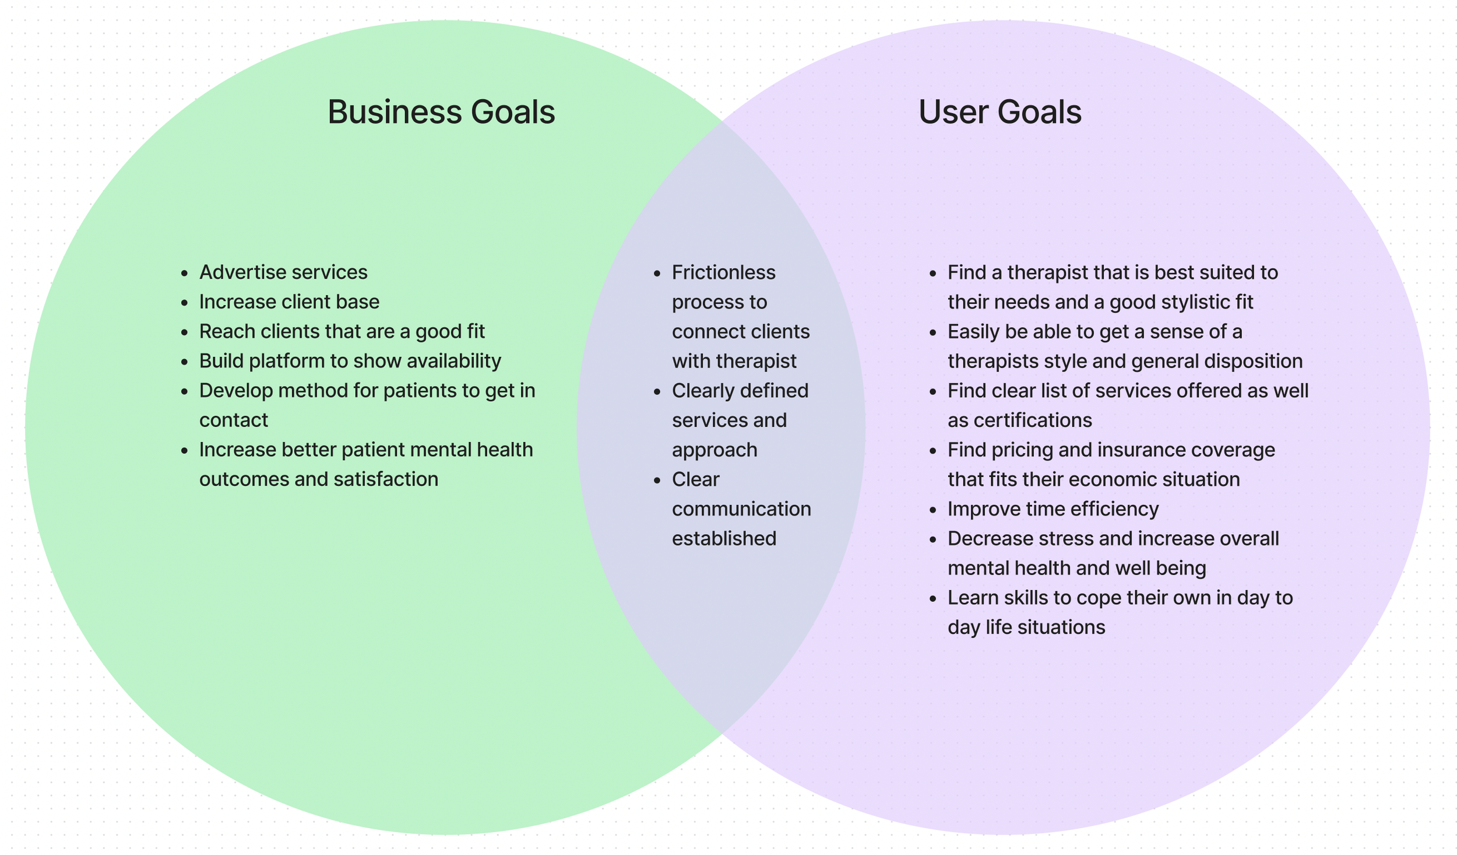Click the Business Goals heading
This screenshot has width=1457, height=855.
tap(441, 112)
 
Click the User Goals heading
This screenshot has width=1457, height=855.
tap(1000, 112)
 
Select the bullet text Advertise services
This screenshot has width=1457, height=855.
tap(283, 272)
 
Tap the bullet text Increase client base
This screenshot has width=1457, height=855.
tap(289, 302)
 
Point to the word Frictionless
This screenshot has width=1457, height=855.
tap(723, 272)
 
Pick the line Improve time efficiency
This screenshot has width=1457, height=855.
tap(1053, 509)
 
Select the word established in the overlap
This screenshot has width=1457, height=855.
tap(724, 538)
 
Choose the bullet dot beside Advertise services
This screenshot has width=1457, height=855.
tap(185, 273)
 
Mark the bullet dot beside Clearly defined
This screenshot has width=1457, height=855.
tap(657, 391)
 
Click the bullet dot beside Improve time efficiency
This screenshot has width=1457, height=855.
tap(933, 510)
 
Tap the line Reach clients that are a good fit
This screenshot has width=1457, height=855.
tap(342, 331)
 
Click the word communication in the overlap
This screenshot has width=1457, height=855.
tap(741, 509)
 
